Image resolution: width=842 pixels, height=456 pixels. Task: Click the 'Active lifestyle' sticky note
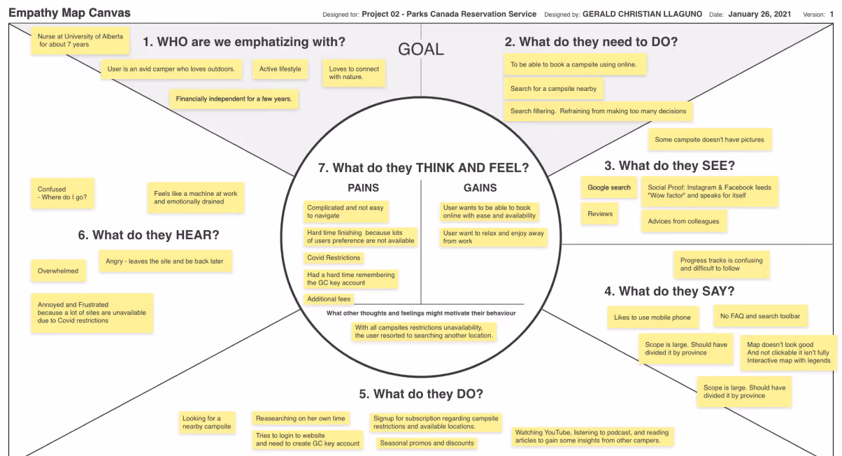tap(280, 69)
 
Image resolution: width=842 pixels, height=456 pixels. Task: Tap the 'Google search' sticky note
tap(608, 187)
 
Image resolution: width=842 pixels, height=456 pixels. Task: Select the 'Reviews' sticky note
tap(600, 214)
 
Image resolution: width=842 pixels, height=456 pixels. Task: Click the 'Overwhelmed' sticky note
tap(58, 271)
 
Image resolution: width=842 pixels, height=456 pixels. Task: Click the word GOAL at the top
tap(420, 49)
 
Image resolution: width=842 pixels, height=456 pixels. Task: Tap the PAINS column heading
tap(363, 187)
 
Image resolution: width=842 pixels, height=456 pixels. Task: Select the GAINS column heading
tap(480, 187)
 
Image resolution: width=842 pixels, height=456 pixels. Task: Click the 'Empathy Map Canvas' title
tap(69, 13)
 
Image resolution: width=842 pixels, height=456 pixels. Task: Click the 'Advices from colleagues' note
tap(683, 222)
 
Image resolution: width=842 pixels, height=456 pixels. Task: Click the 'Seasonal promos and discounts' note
tap(426, 443)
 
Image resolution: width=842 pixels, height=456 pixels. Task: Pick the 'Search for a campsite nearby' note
tap(553, 89)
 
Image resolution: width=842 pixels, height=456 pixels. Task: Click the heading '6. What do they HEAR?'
tap(153, 235)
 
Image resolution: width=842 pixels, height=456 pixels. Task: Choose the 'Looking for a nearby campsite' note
tap(206, 422)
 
